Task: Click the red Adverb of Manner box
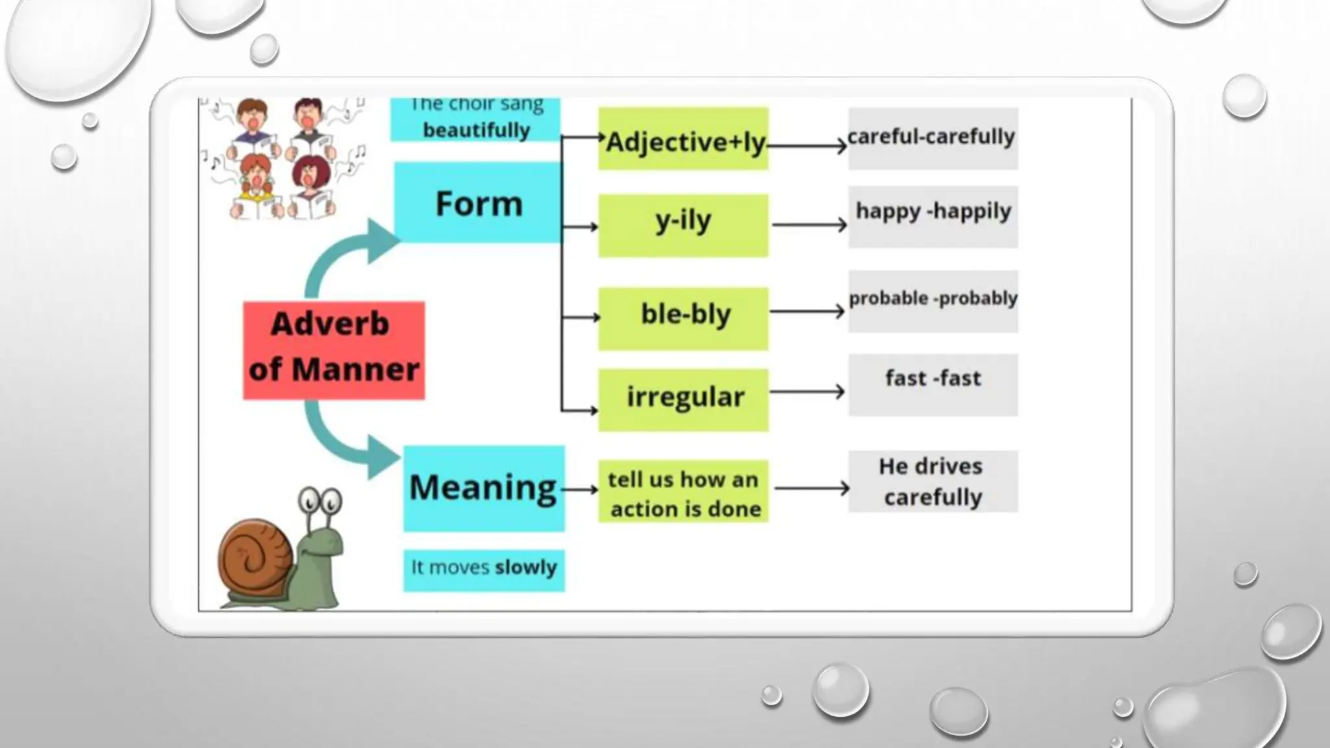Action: (x=334, y=350)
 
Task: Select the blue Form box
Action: (x=478, y=203)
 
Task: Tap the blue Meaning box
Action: (x=484, y=488)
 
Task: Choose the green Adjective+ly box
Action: (x=683, y=139)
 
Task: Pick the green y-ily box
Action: (x=683, y=225)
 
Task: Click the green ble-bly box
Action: (x=683, y=318)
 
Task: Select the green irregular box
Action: (x=683, y=399)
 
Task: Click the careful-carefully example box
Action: (x=933, y=138)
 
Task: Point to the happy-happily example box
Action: (x=933, y=216)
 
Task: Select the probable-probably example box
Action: (x=933, y=301)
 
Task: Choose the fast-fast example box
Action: (x=933, y=384)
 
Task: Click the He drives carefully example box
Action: (x=933, y=481)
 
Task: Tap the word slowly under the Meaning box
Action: (x=525, y=567)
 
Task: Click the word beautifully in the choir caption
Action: (x=476, y=130)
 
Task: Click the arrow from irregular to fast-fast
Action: (x=807, y=392)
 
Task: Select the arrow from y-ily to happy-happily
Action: (x=809, y=225)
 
